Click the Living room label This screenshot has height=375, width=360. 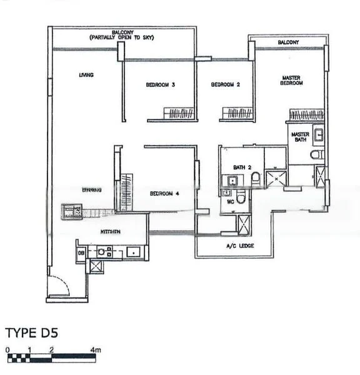(86, 76)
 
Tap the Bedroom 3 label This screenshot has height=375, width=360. (160, 86)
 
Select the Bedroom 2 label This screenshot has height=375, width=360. (226, 86)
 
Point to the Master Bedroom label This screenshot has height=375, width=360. (291, 80)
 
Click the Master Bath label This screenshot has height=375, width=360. (301, 136)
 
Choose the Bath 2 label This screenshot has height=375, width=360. (242, 167)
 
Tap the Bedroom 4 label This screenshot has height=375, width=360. (164, 194)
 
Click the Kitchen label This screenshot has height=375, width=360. (111, 232)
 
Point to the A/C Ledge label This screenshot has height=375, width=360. (239, 246)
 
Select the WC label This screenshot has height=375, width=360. (230, 202)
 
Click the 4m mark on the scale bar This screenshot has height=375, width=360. (95, 350)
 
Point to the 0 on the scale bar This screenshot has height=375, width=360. (7, 350)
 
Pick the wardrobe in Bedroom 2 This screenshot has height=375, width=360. (237, 114)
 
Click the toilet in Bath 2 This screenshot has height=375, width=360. (255, 181)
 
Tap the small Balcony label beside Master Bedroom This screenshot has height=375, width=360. (289, 42)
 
